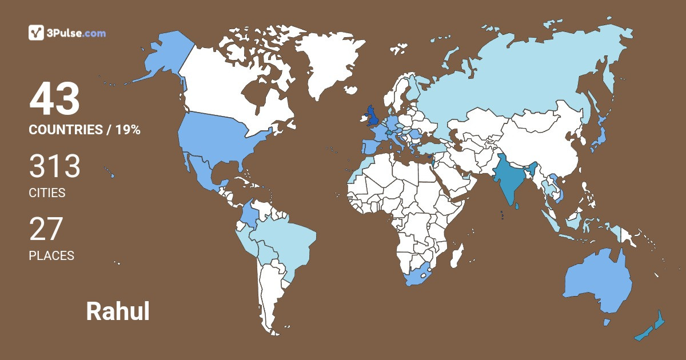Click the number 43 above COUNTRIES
click(x=55, y=99)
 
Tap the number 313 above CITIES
click(x=55, y=166)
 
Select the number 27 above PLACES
click(x=46, y=229)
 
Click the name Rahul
click(x=118, y=311)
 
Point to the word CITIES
click(x=47, y=193)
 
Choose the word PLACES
click(x=51, y=255)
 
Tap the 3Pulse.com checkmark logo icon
click(x=37, y=33)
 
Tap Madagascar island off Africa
click(x=456, y=256)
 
